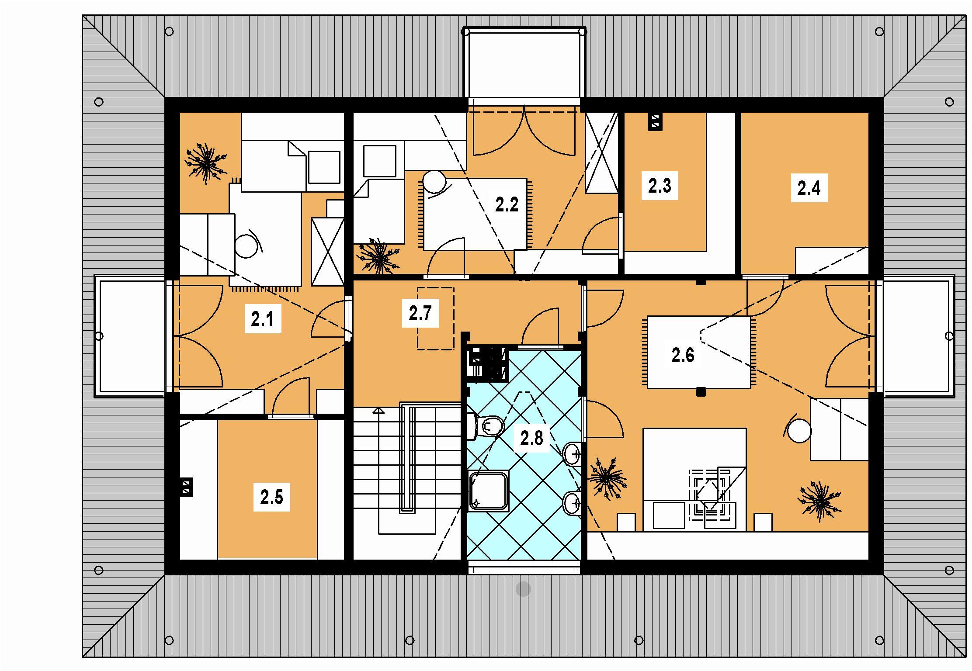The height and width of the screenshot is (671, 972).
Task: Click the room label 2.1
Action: click(262, 319)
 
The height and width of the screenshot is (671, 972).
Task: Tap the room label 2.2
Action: click(507, 204)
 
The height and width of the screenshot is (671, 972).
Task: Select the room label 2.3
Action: click(660, 186)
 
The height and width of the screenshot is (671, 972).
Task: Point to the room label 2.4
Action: click(809, 188)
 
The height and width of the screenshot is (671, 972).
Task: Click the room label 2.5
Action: click(271, 497)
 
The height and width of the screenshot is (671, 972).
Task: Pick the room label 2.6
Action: click(683, 356)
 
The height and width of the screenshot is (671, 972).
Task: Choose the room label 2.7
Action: click(420, 313)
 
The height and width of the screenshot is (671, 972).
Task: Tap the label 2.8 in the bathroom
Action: click(531, 438)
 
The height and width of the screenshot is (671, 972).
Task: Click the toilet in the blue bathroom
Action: click(486, 425)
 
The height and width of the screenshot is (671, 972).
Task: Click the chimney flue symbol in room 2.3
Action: click(655, 122)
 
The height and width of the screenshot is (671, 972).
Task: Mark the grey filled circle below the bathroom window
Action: click(523, 589)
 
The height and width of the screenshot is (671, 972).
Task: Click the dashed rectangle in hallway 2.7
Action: click(435, 318)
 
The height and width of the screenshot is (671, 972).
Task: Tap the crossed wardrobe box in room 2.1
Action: click(327, 252)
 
